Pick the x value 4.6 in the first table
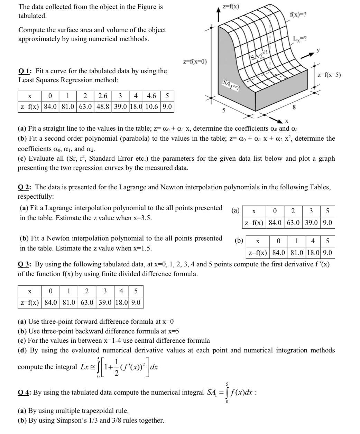tap(152, 96)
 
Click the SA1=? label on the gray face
tap(231, 84)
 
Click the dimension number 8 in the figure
tap(294, 107)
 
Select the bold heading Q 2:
tap(25, 187)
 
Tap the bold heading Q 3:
tap(25, 265)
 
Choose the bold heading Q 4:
tap(25, 393)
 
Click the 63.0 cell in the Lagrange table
tap(294, 223)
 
